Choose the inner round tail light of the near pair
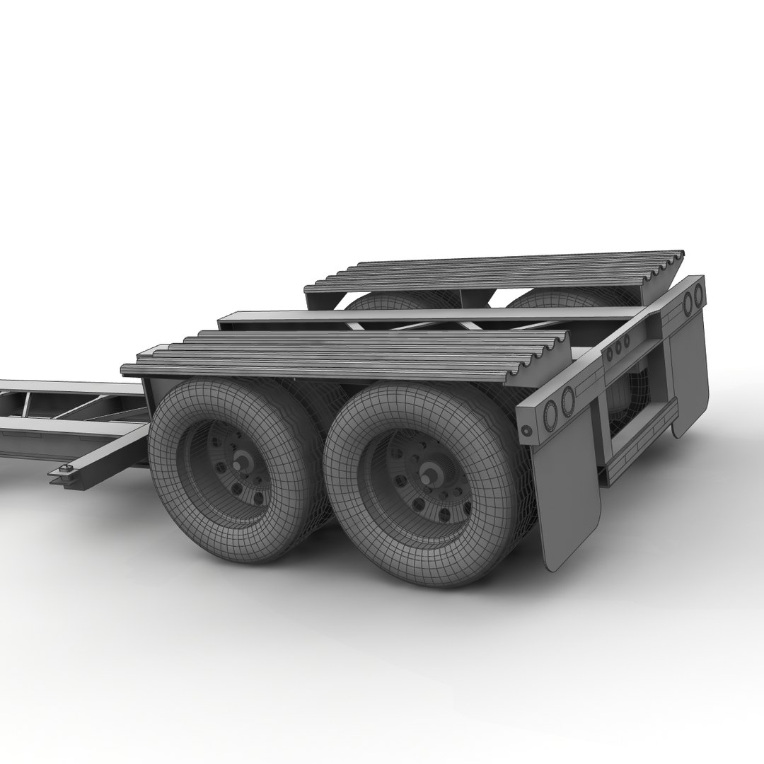click(x=567, y=401)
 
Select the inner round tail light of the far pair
click(x=686, y=301)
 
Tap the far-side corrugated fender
click(x=495, y=272)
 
